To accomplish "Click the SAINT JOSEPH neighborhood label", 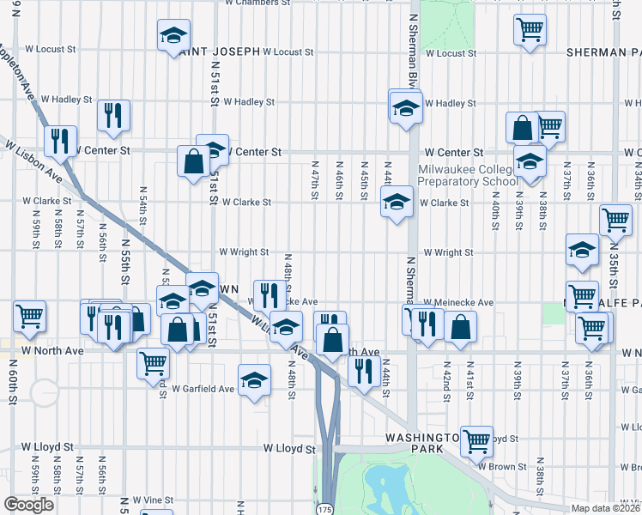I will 220,51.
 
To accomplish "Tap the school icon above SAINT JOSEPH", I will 173,35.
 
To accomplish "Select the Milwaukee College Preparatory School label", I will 468,175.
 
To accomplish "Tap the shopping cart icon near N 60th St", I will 30,317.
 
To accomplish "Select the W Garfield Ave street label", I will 203,389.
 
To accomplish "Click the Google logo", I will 28,505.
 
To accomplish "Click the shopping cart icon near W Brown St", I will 476,441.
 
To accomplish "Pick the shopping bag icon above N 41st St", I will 461,326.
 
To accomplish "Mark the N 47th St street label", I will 315,180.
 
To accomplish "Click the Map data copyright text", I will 606,508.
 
